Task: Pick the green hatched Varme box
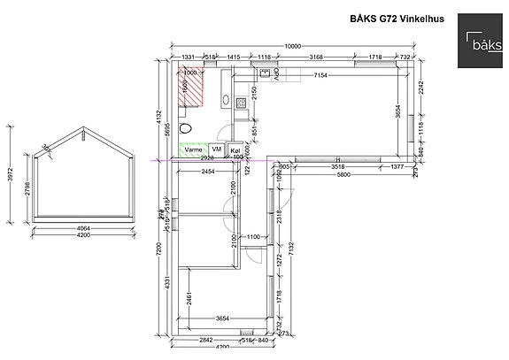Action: [194, 151]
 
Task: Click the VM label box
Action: [217, 151]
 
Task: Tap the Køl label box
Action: [235, 151]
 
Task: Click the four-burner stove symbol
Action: [242, 103]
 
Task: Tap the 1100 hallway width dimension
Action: [252, 237]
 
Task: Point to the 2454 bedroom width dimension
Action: [210, 170]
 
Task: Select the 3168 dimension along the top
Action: [315, 57]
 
